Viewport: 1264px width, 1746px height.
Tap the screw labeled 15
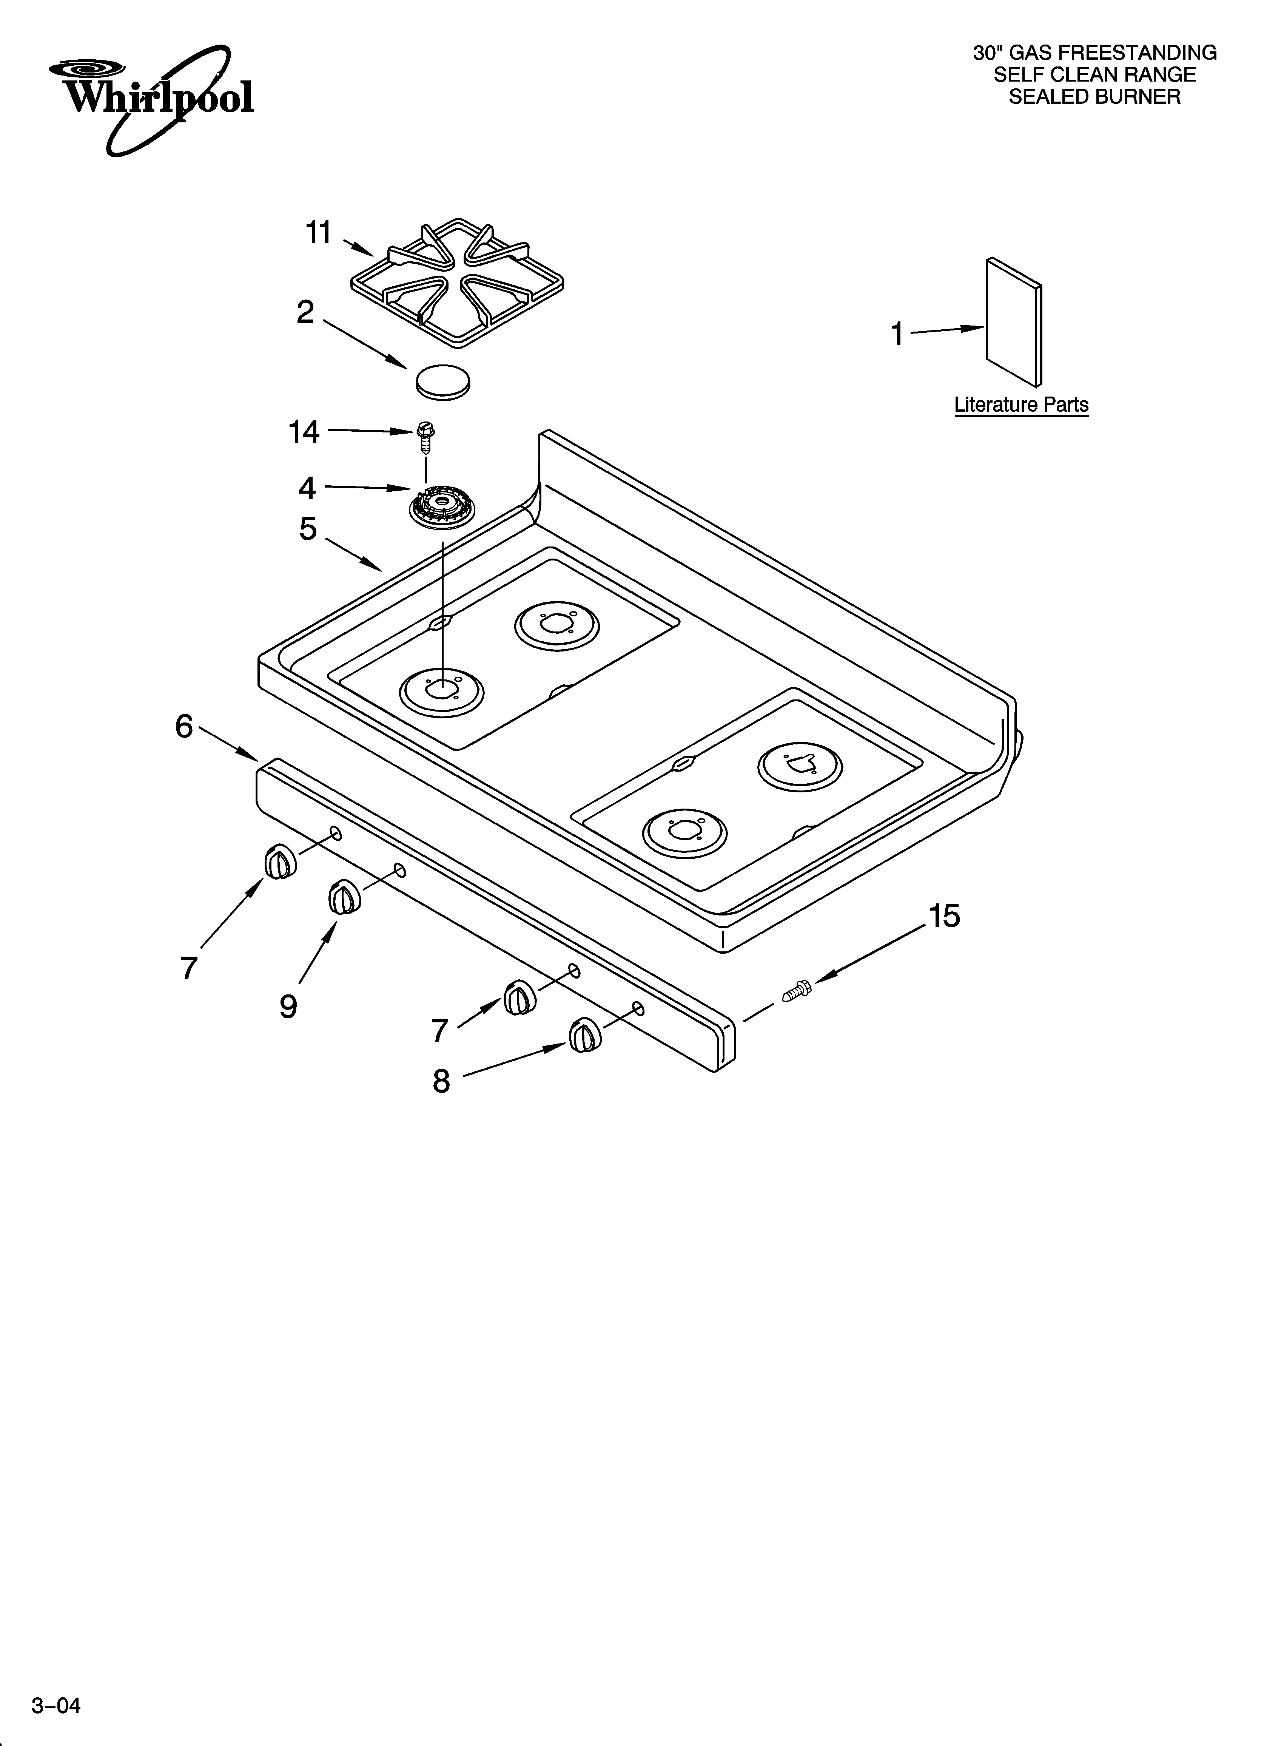click(x=796, y=991)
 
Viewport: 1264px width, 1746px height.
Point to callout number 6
click(x=184, y=726)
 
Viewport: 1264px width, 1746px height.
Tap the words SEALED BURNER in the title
click(x=1094, y=97)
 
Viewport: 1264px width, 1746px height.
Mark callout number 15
click(x=944, y=916)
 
